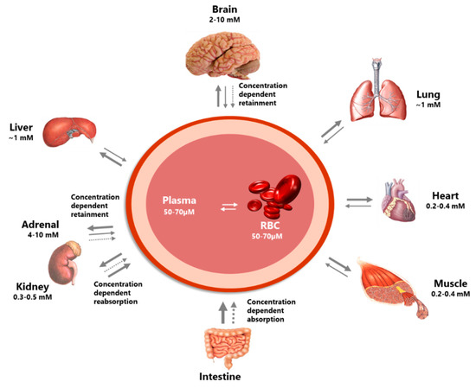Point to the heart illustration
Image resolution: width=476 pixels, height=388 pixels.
[399, 200]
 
